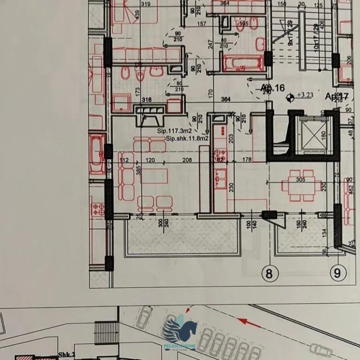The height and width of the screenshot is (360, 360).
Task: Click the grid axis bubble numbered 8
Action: (x=270, y=273)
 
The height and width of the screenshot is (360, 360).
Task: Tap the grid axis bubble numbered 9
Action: (x=337, y=273)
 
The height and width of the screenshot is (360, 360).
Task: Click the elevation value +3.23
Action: (x=305, y=96)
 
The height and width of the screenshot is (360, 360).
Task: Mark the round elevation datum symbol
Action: (x=290, y=97)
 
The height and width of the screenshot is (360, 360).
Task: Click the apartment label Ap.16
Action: (x=273, y=88)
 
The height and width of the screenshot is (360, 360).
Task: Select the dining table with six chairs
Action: (x=301, y=186)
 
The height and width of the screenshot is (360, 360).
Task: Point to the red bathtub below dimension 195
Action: (x=243, y=63)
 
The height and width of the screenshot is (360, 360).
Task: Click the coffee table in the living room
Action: (x=154, y=176)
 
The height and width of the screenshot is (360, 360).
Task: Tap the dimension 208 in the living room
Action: (x=187, y=161)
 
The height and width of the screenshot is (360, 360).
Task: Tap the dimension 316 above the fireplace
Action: (x=146, y=100)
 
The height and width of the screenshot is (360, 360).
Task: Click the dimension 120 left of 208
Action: (x=150, y=161)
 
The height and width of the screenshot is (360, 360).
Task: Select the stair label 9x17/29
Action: (x=290, y=33)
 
